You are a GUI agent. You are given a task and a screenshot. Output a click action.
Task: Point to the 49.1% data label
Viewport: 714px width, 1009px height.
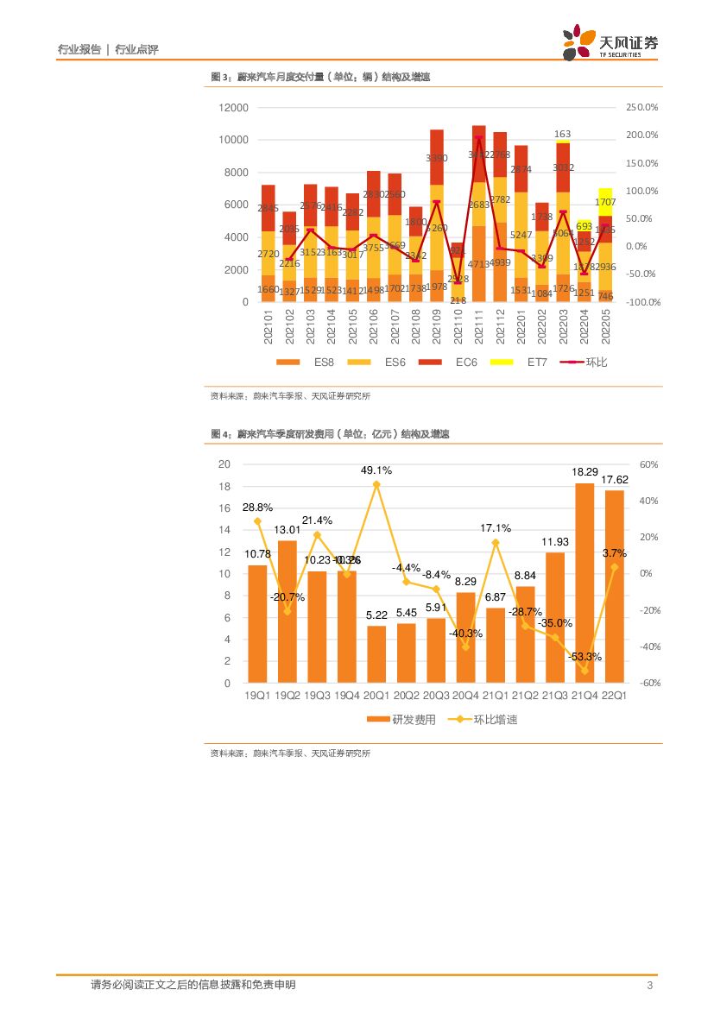376,470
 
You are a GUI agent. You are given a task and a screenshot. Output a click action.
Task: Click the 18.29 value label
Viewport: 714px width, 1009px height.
584,472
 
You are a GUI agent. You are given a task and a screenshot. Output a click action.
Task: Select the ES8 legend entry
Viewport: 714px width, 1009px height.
312,362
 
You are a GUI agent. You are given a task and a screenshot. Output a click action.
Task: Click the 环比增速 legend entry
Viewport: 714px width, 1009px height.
484,719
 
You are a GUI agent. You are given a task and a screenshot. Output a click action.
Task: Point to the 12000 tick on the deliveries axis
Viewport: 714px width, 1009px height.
233,107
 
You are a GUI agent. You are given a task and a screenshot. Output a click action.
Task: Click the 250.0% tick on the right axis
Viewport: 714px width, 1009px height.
641,107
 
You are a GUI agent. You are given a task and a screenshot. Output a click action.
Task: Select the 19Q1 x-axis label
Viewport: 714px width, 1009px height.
257,695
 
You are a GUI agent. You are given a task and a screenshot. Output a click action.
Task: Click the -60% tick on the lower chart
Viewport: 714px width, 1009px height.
650,683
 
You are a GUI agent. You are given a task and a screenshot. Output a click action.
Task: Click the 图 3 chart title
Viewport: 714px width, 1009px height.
320,77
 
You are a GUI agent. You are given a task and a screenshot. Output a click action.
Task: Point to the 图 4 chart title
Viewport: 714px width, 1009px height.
330,433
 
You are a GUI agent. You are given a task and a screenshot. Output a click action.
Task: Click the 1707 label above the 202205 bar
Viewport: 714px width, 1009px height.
605,178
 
